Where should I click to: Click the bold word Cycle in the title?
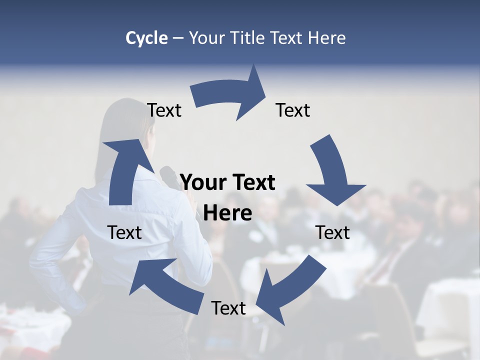click(146, 38)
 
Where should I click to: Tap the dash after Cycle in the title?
click(177, 38)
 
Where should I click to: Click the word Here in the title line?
click(325, 38)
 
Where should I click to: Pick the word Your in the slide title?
click(207, 38)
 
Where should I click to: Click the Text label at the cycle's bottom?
click(228, 308)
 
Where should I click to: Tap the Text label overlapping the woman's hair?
click(164, 110)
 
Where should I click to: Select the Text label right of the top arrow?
click(292, 110)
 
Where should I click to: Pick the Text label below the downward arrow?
click(332, 232)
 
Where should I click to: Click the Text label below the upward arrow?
click(124, 232)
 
